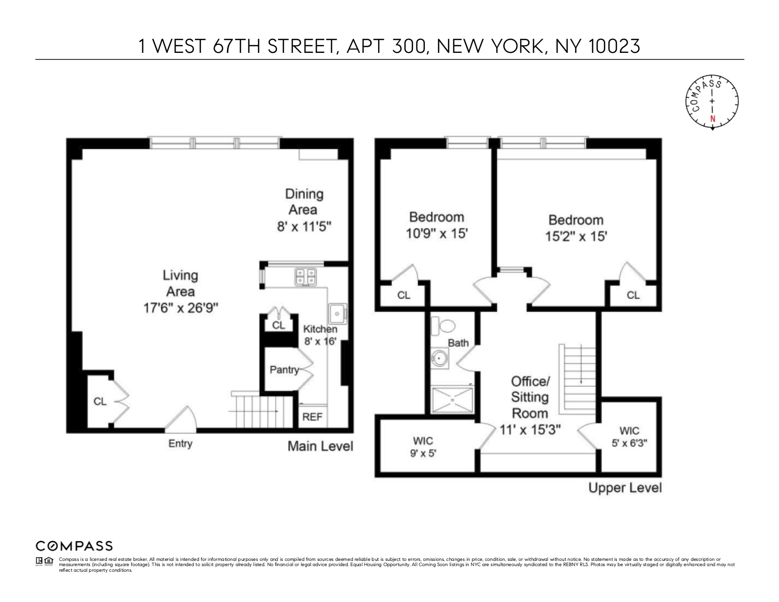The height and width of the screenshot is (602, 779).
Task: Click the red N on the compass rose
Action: tap(712, 119)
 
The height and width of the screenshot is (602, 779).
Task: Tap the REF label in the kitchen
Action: tap(312, 417)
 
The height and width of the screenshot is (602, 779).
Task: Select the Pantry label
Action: tap(284, 370)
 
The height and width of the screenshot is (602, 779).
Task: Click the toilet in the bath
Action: tap(444, 326)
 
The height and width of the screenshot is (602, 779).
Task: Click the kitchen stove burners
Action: tap(305, 277)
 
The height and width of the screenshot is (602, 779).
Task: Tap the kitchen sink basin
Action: tap(338, 313)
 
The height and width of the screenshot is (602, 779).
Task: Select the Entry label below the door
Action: tap(180, 443)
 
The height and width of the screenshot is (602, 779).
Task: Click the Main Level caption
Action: tap(320, 446)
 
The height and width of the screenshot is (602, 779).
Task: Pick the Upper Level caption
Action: tap(625, 488)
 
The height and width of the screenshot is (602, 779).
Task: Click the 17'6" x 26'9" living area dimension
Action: tap(180, 308)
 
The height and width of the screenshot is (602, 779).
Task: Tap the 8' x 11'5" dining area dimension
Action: tap(305, 227)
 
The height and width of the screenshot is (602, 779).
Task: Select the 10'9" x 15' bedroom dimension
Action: tap(437, 233)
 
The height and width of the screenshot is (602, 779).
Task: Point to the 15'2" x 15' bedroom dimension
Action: tap(576, 236)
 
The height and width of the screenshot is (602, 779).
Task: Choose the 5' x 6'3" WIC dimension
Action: tap(629, 443)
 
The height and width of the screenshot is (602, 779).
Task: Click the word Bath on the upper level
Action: tap(458, 343)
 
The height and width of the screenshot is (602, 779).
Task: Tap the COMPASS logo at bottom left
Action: tap(74, 546)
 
